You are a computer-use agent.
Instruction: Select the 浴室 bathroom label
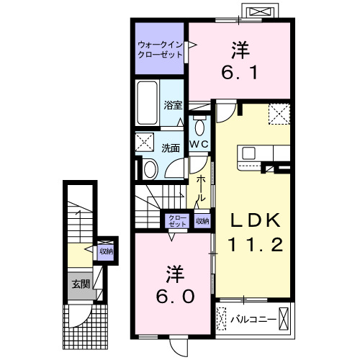click(174, 105)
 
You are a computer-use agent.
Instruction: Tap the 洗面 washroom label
click(171, 148)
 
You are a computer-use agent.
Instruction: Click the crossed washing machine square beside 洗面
click(145, 142)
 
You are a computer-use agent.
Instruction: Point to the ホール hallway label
click(202, 188)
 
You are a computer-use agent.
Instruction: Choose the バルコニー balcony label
click(253, 316)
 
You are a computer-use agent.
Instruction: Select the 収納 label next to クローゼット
click(202, 221)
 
